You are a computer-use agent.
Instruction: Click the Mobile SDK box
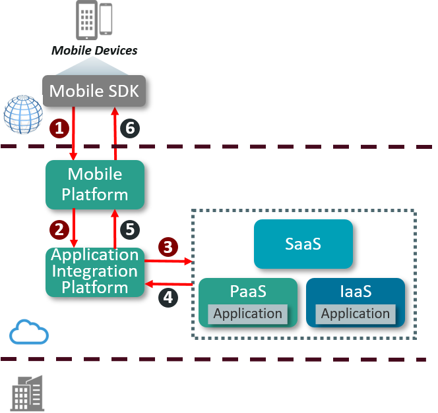(94, 91)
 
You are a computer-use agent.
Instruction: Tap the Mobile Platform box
(95, 184)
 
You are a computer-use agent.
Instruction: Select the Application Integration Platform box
(95, 271)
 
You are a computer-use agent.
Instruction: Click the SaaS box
(303, 244)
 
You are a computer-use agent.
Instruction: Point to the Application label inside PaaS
(247, 314)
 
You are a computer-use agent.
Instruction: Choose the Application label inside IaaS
(356, 314)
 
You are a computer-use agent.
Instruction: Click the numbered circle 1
(59, 128)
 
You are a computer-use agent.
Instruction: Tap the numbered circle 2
(59, 229)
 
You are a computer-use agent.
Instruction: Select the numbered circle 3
(168, 247)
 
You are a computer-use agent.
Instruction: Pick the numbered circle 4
(168, 297)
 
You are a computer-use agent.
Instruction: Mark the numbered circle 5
(130, 229)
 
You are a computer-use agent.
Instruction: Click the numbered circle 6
(130, 128)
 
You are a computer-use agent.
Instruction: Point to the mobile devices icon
(94, 20)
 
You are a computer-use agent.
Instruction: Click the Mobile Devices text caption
(94, 50)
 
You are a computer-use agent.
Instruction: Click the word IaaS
(356, 290)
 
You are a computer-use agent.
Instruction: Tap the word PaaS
(247, 290)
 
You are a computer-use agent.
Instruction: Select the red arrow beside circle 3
(168, 261)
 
